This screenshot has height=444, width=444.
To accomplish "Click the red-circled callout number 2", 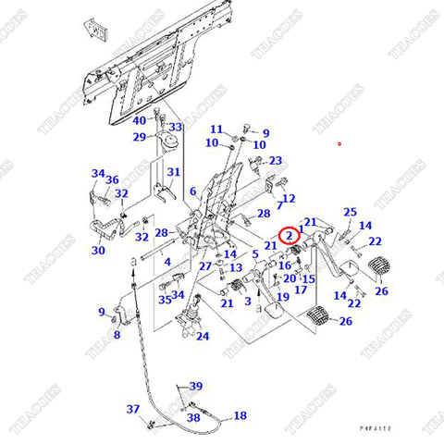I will (x=290, y=237).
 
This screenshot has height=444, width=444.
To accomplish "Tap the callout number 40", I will (x=140, y=121).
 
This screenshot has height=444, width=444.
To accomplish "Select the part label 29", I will (x=139, y=137).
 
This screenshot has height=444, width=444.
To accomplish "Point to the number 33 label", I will (x=175, y=127).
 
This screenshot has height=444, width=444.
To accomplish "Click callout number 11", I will (x=216, y=129).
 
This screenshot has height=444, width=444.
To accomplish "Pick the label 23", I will (x=275, y=161).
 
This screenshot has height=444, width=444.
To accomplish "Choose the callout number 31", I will (x=173, y=173).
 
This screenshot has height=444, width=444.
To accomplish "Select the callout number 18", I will (x=240, y=416).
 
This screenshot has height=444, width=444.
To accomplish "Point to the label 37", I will (x=133, y=409).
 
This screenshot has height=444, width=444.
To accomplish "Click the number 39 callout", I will (x=195, y=386).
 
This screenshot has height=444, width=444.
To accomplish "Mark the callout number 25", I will (x=350, y=213).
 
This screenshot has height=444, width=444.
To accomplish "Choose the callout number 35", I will (x=165, y=299).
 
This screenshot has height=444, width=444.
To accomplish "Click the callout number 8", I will (x=117, y=335).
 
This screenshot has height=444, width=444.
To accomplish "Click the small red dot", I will (x=339, y=143).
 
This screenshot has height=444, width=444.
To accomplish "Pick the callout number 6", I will (x=193, y=191).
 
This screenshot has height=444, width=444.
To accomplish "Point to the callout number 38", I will (x=193, y=418).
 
